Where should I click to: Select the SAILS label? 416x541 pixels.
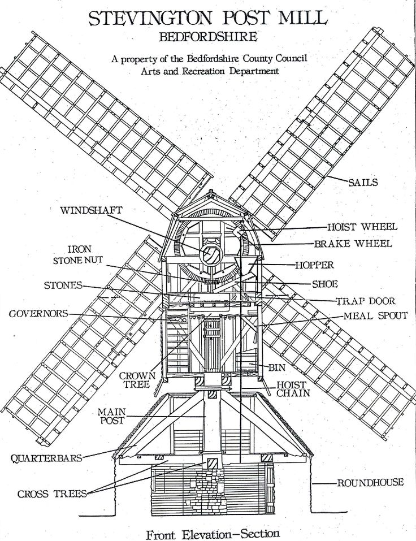[x=363, y=183]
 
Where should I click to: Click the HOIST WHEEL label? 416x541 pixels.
[x=362, y=227]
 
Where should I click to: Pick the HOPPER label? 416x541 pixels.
[x=314, y=265]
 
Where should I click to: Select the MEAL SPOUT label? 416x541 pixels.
[x=375, y=316]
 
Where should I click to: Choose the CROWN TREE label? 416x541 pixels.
[x=134, y=379]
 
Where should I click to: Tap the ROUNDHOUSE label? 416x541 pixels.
[x=370, y=482]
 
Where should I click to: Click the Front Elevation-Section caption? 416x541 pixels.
[x=212, y=533]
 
